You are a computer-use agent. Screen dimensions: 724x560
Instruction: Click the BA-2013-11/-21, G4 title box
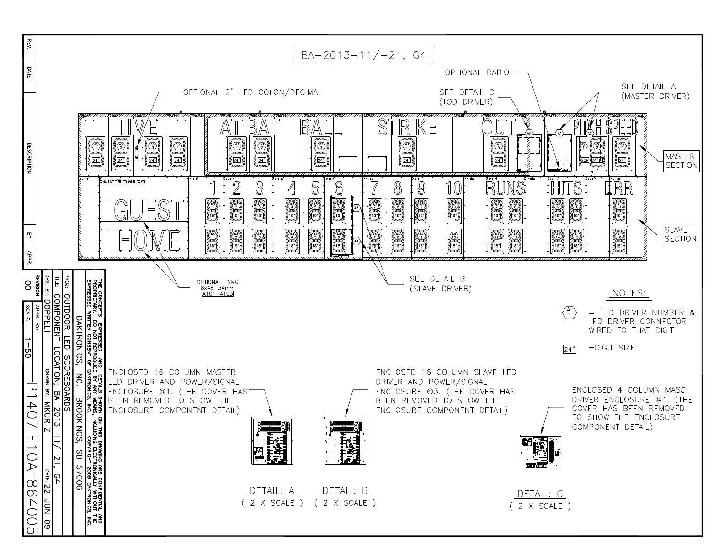(x=363, y=55)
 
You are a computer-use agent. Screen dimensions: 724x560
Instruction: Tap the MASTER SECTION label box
(x=681, y=161)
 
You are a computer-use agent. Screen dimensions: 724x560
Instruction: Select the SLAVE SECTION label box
(x=680, y=234)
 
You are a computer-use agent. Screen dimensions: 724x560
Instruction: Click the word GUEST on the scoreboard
(x=149, y=210)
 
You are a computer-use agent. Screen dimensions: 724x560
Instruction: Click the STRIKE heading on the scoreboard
(x=407, y=128)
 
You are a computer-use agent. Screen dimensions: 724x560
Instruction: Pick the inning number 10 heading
(x=454, y=188)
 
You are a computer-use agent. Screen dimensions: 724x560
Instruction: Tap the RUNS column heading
(x=506, y=188)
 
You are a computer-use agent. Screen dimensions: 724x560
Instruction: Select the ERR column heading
(x=619, y=188)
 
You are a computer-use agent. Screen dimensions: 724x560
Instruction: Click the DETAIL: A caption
(x=272, y=491)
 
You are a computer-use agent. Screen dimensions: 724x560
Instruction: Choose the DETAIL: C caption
(x=540, y=494)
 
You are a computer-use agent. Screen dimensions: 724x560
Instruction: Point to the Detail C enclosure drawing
(x=541, y=451)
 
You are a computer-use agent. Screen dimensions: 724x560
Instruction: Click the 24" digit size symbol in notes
(x=570, y=350)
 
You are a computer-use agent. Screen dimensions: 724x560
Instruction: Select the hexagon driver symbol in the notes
(x=570, y=312)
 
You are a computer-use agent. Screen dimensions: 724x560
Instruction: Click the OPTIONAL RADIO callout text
(x=477, y=72)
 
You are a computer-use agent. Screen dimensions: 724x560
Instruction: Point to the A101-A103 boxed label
(x=218, y=294)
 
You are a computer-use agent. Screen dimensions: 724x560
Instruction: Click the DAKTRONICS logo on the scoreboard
(x=122, y=182)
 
